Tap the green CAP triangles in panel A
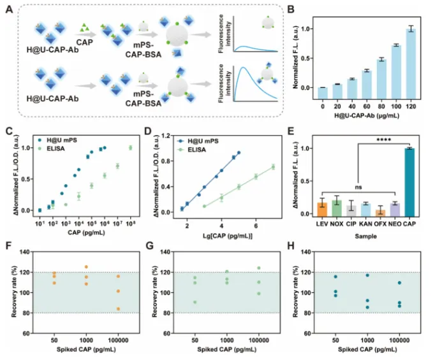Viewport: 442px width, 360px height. [x=83, y=26]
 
